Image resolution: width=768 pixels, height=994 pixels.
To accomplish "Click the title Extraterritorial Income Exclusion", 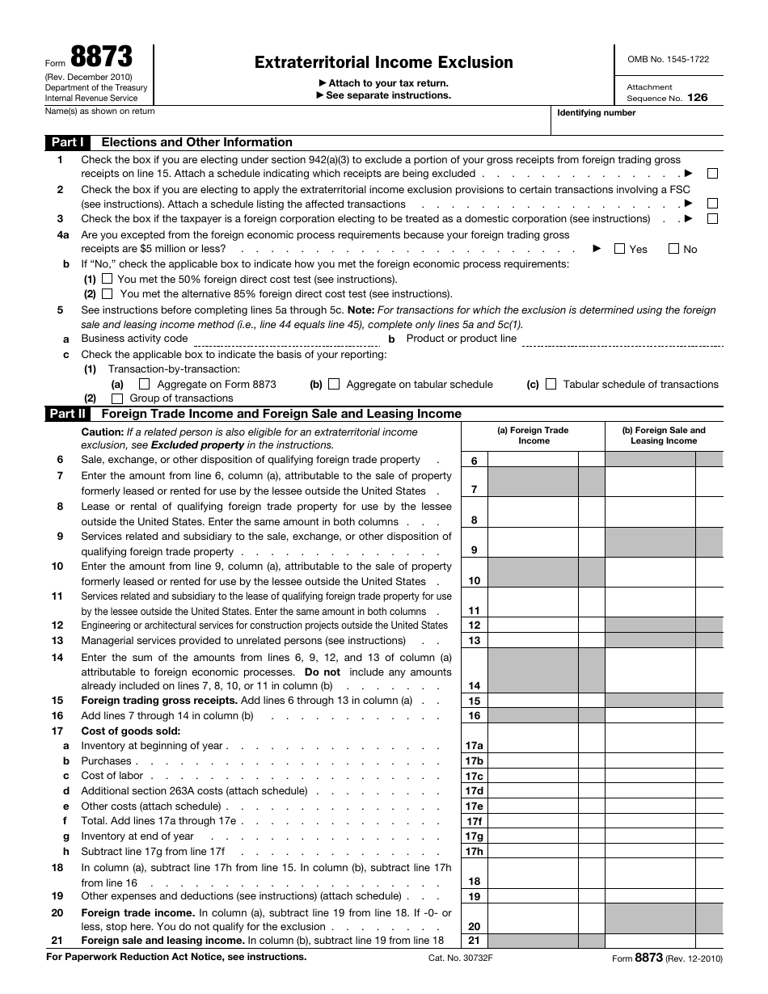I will coord(383,62).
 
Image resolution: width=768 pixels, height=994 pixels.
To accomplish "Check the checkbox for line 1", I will coord(712,174).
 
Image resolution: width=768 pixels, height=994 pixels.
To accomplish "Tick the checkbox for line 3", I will coord(712,219).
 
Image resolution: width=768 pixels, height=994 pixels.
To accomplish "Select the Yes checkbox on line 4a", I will coord(619,249).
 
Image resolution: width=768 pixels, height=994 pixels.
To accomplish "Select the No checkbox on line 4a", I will coord(673,249).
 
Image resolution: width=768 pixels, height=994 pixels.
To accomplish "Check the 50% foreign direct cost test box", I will coord(108,279).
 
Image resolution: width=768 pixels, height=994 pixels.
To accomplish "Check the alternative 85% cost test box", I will coord(108,293).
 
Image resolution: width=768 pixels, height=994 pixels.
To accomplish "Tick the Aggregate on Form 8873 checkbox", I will coord(145,385).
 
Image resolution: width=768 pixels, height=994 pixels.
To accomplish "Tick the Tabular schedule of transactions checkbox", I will coord(551,385).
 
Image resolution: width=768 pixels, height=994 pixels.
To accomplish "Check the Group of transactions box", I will coord(117,398).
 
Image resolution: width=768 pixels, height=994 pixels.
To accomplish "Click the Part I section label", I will coord(68,142).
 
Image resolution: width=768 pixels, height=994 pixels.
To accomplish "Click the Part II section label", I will coord(68,414).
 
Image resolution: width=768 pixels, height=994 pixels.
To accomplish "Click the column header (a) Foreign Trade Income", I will coord(533,436).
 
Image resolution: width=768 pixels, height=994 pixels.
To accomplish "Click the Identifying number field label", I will coord(596,113).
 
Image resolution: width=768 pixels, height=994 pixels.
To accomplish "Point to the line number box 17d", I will coord(474,791).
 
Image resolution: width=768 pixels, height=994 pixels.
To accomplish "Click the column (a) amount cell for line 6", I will coord(533,460).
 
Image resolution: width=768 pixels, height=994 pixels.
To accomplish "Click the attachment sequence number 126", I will coord(697,97).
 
